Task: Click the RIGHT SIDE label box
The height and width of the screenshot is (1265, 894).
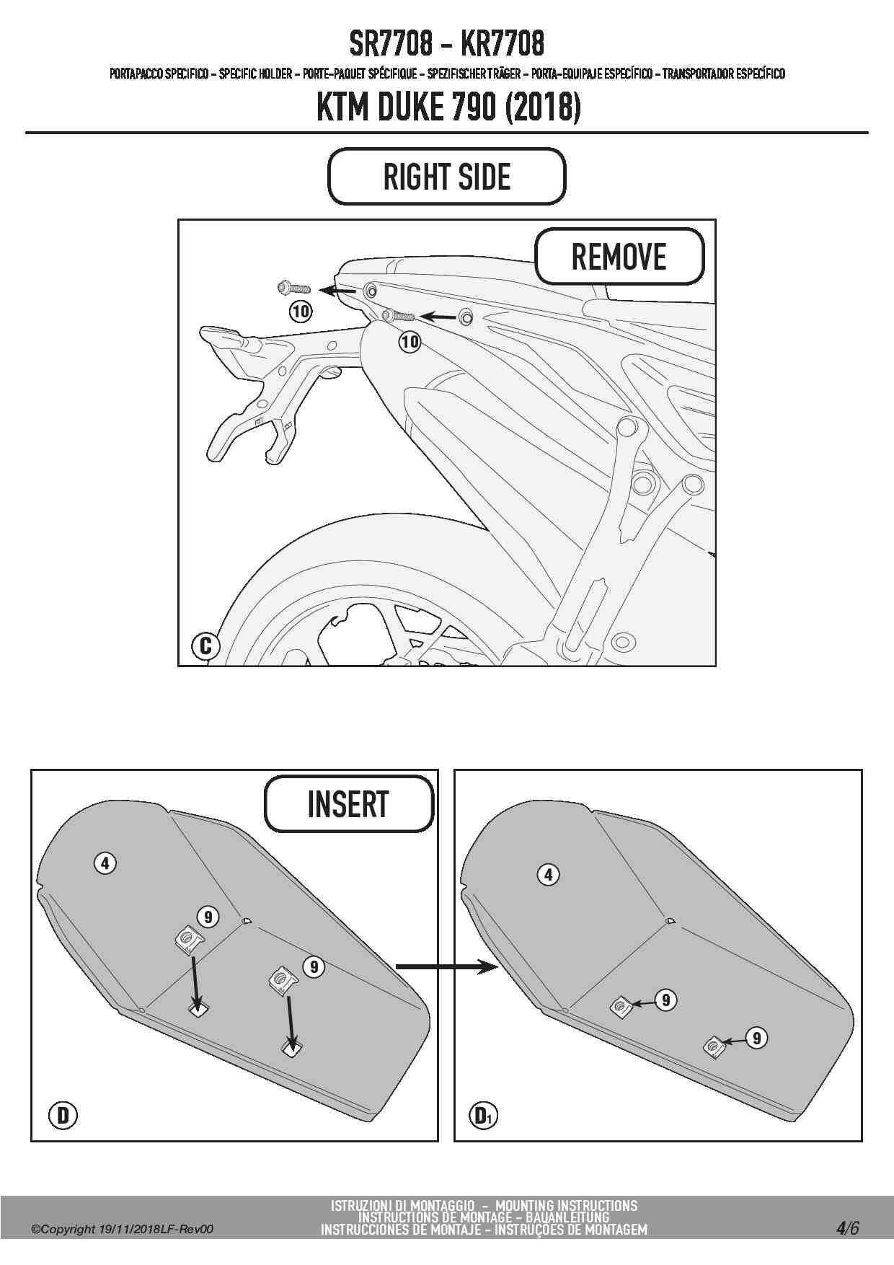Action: coord(446,177)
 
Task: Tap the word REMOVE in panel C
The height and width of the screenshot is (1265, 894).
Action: coord(619,257)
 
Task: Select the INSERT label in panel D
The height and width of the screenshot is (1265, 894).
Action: coord(348,804)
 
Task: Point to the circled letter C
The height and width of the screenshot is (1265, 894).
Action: coord(205,645)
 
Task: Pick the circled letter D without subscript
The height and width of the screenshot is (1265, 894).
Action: coord(63,1116)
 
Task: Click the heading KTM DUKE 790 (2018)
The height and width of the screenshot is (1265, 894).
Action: coord(448,108)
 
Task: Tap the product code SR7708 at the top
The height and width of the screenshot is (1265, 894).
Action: coord(391,45)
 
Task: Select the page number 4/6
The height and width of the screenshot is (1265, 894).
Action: coord(847,1227)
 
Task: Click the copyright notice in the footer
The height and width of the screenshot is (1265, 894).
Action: coord(123,1230)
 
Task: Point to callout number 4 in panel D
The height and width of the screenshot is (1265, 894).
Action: coord(105,863)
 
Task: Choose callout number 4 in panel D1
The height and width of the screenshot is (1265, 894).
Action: coord(549,875)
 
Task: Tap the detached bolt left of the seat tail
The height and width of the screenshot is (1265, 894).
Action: coord(293,288)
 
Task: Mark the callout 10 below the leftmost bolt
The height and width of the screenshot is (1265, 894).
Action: coord(301,312)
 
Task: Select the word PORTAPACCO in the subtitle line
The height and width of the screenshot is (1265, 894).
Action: coord(136,74)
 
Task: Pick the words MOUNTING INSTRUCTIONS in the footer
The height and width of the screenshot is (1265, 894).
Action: coord(566,1206)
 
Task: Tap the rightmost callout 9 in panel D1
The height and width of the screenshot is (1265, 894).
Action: coord(756,1038)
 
